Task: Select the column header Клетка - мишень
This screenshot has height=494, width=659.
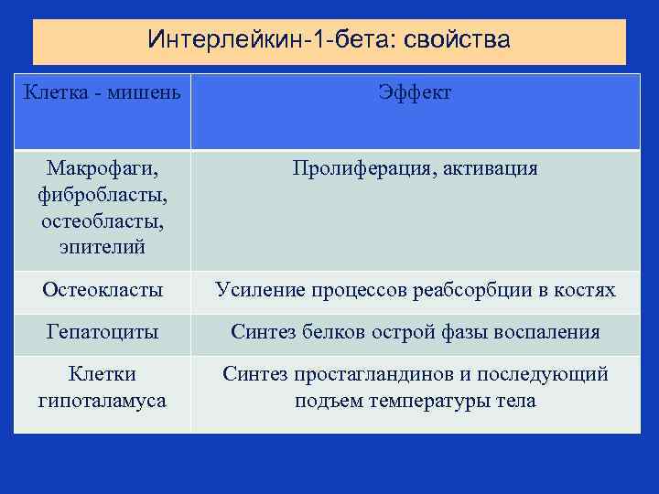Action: [102, 92]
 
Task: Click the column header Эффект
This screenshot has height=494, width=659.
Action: [415, 92]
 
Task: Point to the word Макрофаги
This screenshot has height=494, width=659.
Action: [102, 169]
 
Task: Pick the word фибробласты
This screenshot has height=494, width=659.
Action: [102, 196]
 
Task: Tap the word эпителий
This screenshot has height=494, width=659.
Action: [102, 248]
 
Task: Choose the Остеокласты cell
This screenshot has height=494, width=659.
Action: [102, 291]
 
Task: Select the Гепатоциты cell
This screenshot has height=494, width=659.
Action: [102, 332]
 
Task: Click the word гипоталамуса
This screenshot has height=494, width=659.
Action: [102, 401]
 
